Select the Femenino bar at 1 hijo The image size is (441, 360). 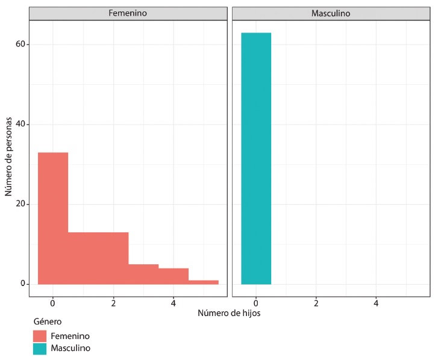[x=83, y=258]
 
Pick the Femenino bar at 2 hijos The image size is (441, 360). [x=113, y=258]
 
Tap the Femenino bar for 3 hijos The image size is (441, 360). [x=143, y=274]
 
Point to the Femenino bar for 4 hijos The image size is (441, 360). [x=174, y=276]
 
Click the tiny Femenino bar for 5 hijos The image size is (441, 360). [x=204, y=282]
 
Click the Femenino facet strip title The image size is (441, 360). [x=128, y=13]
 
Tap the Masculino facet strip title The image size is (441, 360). [x=331, y=13]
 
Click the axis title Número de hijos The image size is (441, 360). [x=229, y=313]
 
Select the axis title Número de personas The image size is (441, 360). [x=8, y=158]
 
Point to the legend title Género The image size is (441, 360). [x=47, y=321]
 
